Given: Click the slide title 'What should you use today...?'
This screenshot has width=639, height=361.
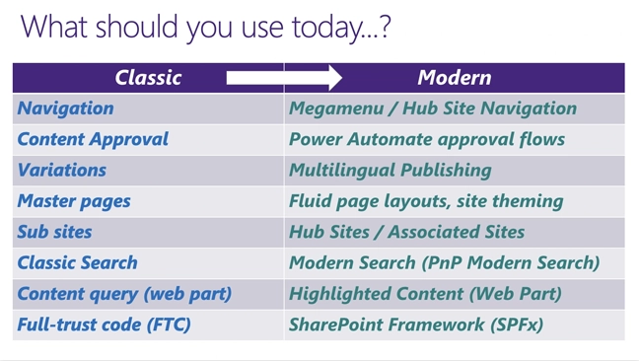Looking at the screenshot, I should pyautogui.click(x=205, y=26).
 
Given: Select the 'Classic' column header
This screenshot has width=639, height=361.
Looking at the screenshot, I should pyautogui.click(x=148, y=77).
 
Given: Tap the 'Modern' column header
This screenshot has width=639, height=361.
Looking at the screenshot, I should pyautogui.click(x=454, y=77).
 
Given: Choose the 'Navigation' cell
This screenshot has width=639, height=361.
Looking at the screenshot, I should pyautogui.click(x=66, y=108).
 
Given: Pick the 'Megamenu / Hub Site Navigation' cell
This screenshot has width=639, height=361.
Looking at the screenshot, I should pyautogui.click(x=433, y=108).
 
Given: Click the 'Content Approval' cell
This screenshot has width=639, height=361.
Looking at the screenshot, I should pyautogui.click(x=94, y=139).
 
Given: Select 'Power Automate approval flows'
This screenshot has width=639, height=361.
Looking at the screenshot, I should pyautogui.click(x=426, y=139).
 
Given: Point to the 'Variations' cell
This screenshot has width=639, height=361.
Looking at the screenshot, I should pyautogui.click(x=62, y=170).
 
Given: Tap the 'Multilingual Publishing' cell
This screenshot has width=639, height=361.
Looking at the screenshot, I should pyautogui.click(x=390, y=170).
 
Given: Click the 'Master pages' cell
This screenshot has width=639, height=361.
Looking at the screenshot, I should pyautogui.click(x=74, y=201).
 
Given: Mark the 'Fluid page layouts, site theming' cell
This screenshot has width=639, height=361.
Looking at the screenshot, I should pyautogui.click(x=426, y=201).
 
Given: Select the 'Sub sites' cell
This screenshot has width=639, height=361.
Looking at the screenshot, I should pyautogui.click(x=54, y=232).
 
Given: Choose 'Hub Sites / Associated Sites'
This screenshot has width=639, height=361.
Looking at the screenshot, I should pyautogui.click(x=406, y=232).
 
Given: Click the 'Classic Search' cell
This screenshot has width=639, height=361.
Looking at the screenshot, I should pyautogui.click(x=77, y=262).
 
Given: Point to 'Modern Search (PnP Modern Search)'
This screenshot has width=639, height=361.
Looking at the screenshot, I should pyautogui.click(x=444, y=262).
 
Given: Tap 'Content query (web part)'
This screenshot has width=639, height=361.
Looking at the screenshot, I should pyautogui.click(x=124, y=293).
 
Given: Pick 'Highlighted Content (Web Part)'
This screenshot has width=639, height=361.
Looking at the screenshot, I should pyautogui.click(x=425, y=293).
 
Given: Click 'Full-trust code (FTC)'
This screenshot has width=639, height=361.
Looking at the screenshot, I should pyautogui.click(x=104, y=324).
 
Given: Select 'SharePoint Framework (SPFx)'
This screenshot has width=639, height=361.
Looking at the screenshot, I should pyautogui.click(x=416, y=324).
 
